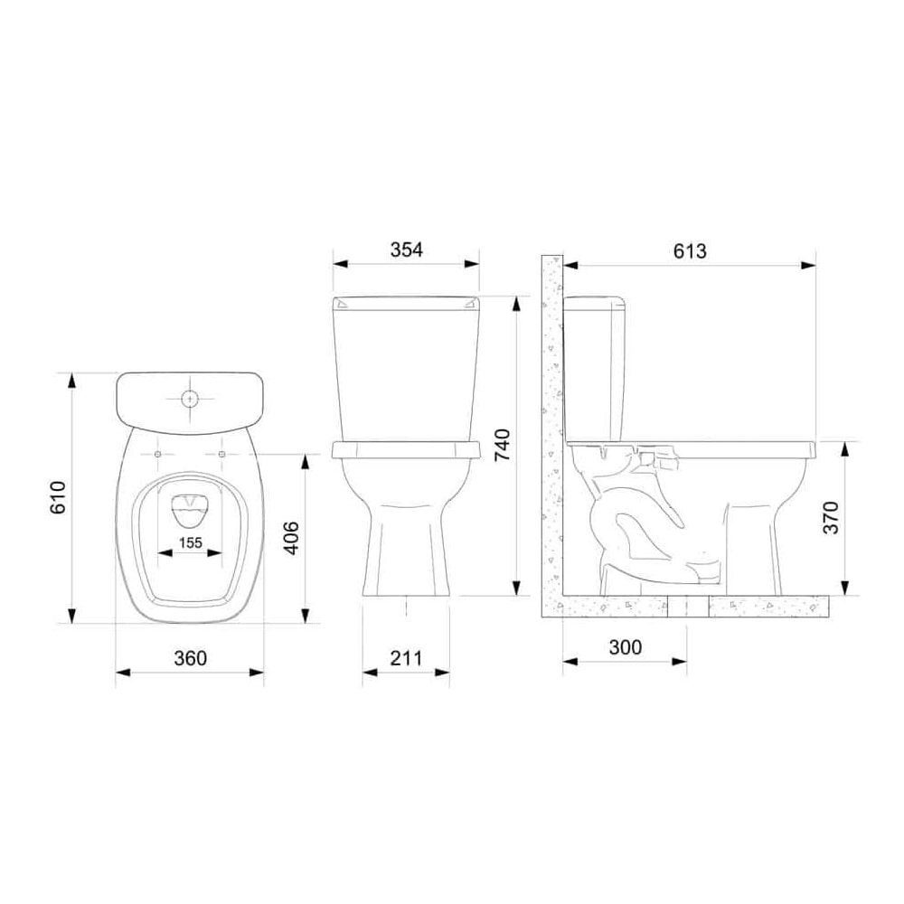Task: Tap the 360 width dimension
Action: tap(190, 658)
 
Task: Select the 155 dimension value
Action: tap(190, 542)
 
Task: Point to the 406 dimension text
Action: tap(293, 538)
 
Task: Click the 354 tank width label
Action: tap(407, 250)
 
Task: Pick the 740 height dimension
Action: tap(503, 445)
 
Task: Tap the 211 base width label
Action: tap(406, 658)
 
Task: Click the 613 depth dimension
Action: tap(690, 250)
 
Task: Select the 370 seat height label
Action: tap(830, 517)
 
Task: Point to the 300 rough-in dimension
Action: tap(625, 647)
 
